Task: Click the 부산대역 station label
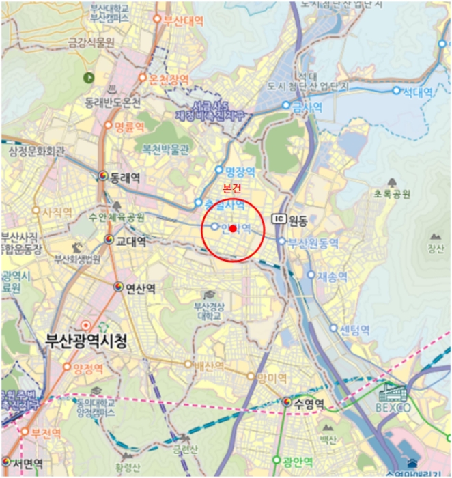click(184, 20)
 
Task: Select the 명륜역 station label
click(128, 126)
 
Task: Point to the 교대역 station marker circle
click(109, 240)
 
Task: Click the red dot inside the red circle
click(233, 228)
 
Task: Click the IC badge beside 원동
click(278, 219)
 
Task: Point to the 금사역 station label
click(306, 106)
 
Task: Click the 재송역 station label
click(332, 277)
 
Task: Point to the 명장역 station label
click(240, 171)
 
